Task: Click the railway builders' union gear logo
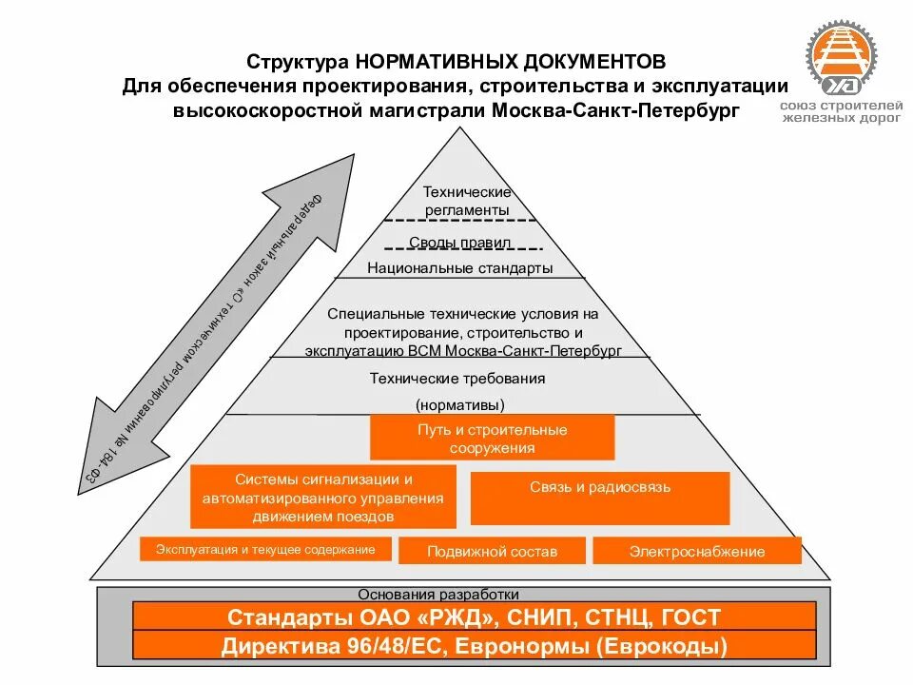coord(841,59)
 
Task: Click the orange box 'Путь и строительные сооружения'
coord(492,438)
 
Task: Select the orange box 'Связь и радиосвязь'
coord(600,487)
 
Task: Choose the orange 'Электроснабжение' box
coord(697,551)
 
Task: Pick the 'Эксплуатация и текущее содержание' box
coord(260,549)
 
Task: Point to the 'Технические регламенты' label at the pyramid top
coord(467,201)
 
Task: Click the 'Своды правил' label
coord(460,242)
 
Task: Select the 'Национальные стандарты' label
coord(460,267)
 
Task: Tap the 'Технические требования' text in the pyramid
coord(457,379)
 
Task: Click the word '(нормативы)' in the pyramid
coord(458,403)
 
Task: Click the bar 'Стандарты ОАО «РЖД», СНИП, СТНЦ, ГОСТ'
coord(474,616)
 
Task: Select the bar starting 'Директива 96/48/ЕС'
coord(474,646)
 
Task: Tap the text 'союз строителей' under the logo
coord(841,105)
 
